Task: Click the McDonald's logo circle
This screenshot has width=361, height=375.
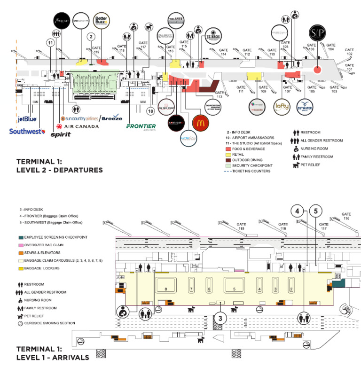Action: (x=200, y=123)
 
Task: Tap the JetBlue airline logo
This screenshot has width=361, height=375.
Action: (x=27, y=119)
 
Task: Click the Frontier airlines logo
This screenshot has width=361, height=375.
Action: (x=141, y=126)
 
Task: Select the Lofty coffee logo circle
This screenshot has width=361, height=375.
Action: (x=283, y=107)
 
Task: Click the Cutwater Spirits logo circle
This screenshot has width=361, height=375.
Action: (x=306, y=107)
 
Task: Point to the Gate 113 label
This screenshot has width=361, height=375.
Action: (x=220, y=95)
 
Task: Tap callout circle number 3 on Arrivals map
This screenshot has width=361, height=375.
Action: (x=220, y=319)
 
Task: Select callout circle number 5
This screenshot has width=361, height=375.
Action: (x=316, y=211)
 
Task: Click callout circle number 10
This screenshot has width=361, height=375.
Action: (x=150, y=111)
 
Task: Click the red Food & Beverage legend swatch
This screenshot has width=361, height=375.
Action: (x=229, y=148)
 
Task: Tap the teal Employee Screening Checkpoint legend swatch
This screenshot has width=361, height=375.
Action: (x=21, y=237)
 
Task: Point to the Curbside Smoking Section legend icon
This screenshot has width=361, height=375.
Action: (x=20, y=323)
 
